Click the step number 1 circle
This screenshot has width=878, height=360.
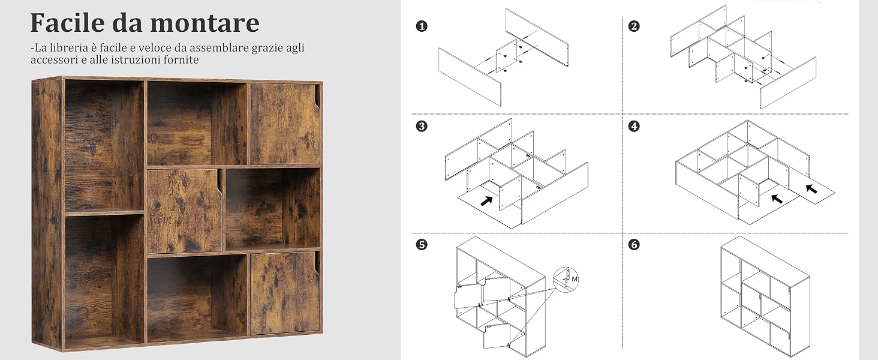(422, 26)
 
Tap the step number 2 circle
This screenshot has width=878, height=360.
(634, 26)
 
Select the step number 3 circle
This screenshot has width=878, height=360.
(422, 126)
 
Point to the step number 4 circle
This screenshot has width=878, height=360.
(634, 126)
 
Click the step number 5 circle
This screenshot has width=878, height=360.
(422, 245)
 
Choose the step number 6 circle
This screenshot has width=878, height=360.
(634, 245)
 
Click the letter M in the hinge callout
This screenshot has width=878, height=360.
(574, 279)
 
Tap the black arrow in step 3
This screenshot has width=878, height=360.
(486, 201)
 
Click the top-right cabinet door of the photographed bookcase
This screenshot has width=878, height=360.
(285, 124)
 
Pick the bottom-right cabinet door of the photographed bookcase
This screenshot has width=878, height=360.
(285, 293)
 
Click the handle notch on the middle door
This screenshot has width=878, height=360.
(219, 186)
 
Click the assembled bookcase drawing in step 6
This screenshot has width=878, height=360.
(765, 297)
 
